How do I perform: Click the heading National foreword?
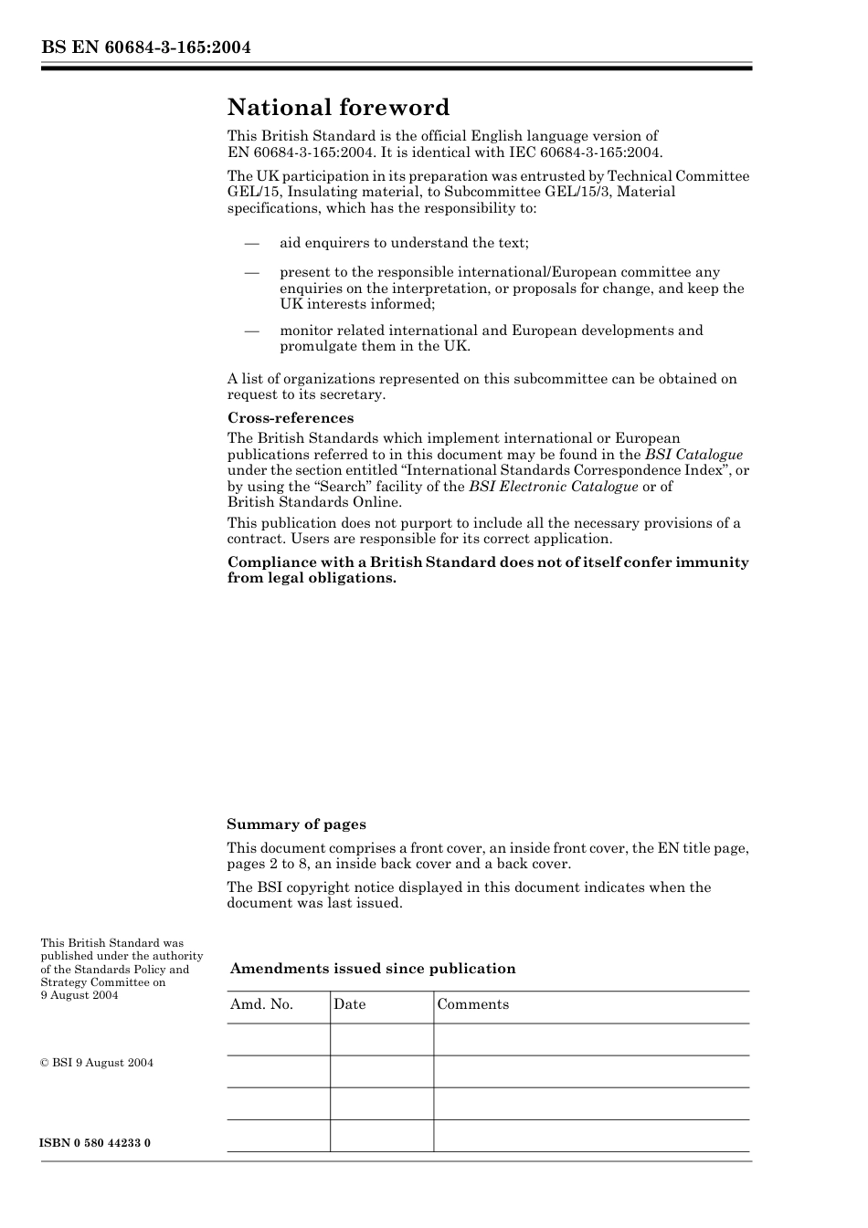pyautogui.click(x=338, y=108)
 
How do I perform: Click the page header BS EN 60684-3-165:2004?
pyautogui.click(x=145, y=47)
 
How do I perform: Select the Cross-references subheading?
pyautogui.click(x=290, y=418)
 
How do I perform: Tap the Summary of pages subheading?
pyautogui.click(x=296, y=824)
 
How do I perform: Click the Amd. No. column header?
pyautogui.click(x=261, y=1004)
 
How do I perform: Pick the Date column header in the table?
pyautogui.click(x=349, y=1004)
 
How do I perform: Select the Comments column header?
pyautogui.click(x=472, y=1004)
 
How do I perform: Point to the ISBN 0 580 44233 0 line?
pyautogui.click(x=95, y=1143)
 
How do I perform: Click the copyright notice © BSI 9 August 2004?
pyautogui.click(x=97, y=1063)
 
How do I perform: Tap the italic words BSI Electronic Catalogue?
pyautogui.click(x=553, y=487)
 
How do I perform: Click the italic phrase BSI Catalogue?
pyautogui.click(x=693, y=455)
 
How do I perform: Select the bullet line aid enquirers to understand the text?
pyautogui.click(x=404, y=243)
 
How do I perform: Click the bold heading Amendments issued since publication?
pyautogui.click(x=372, y=969)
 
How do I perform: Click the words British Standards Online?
pyautogui.click(x=313, y=502)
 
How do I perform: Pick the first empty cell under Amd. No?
pyautogui.click(x=278, y=1039)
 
